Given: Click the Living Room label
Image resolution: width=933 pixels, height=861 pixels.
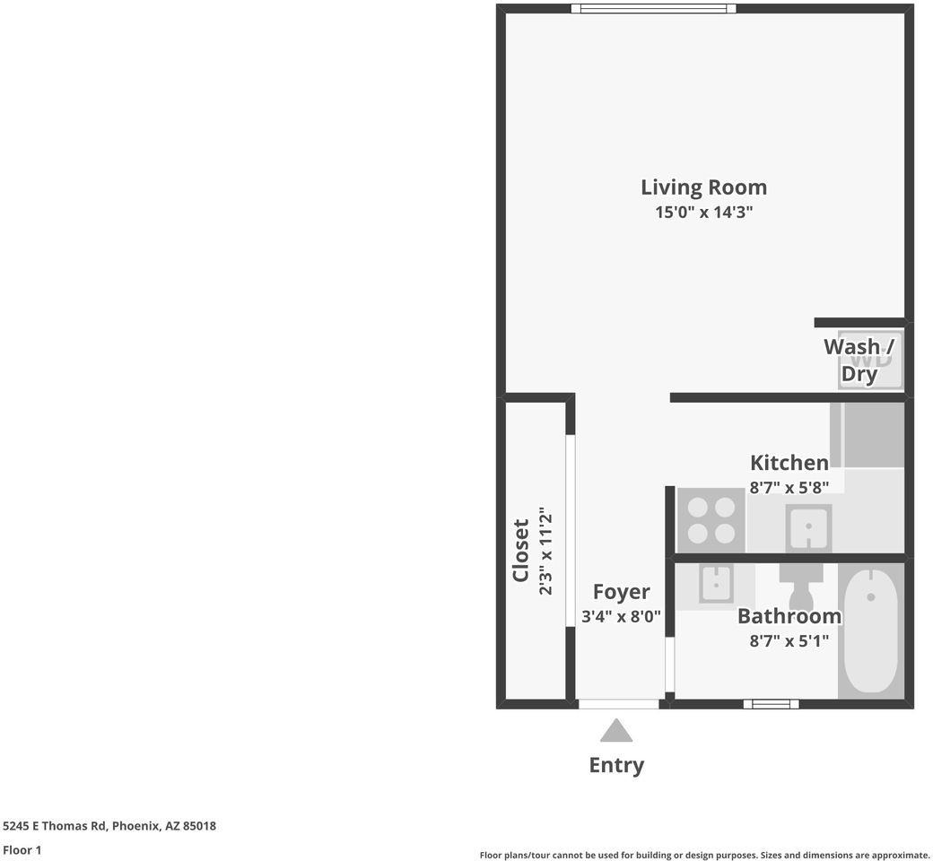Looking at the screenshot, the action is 704,187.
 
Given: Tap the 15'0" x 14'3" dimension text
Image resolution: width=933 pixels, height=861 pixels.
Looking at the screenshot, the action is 704,212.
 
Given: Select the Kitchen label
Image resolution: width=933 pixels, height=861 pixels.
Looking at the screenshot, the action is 789,463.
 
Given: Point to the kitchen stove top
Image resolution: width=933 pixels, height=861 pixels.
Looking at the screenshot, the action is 711,521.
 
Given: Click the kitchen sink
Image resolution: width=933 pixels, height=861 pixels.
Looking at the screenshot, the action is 808,527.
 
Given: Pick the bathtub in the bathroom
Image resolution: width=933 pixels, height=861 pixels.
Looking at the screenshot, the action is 871,631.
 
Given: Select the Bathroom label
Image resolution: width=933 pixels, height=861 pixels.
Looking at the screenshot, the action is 789,616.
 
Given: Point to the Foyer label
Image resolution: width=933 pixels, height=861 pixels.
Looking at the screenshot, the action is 621,592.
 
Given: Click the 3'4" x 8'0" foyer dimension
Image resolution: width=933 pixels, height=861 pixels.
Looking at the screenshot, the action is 621,616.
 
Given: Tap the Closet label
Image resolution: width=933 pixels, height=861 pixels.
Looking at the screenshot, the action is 520,551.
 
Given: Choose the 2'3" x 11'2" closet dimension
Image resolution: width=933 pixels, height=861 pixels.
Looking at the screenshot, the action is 545,551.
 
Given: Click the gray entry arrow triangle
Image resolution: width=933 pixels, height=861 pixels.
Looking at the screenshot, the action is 615,732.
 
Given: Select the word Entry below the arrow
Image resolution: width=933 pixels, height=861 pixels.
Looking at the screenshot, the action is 616,765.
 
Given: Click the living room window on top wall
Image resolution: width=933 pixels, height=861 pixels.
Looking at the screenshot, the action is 653,8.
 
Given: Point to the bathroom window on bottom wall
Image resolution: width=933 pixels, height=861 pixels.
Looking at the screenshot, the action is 772,705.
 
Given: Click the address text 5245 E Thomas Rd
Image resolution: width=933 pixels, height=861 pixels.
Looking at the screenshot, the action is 55,826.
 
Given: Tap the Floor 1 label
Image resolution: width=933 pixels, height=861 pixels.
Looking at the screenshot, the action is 22,849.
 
